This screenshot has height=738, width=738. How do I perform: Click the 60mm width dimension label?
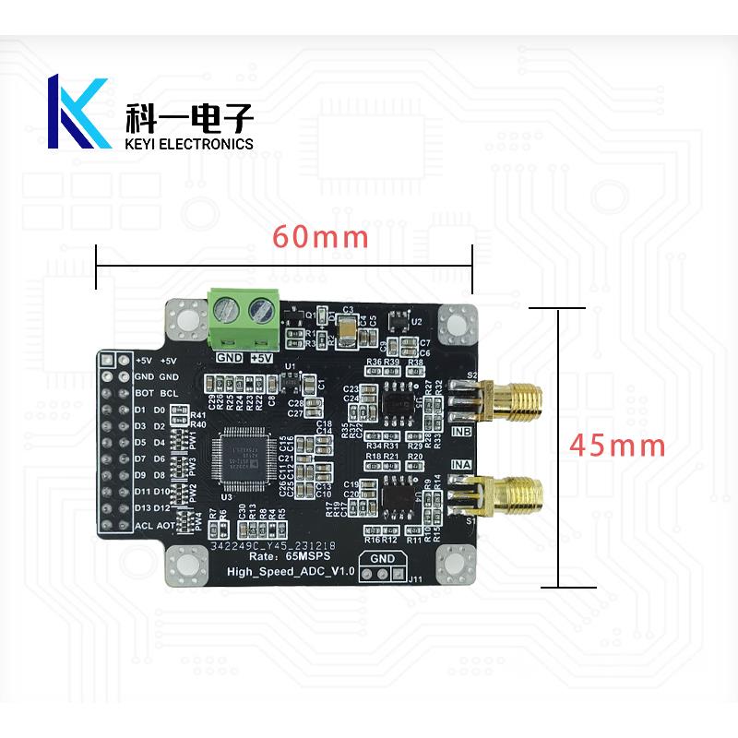[320, 237]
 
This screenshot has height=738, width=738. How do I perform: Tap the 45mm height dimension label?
[617, 446]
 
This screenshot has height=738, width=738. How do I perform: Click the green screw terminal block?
[244, 318]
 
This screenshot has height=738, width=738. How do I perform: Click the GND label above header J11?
[381, 559]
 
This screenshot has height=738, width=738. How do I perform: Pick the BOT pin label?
[142, 393]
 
